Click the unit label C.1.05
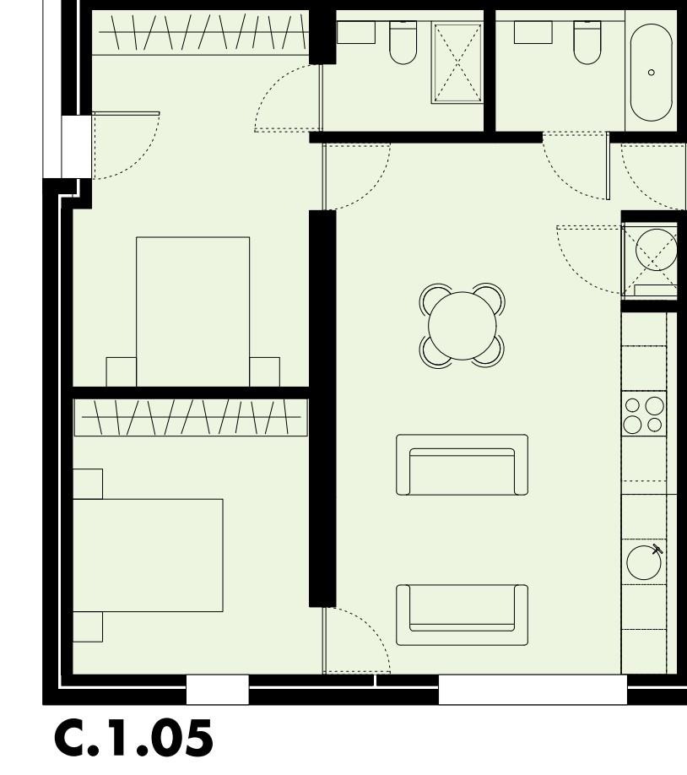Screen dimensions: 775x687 click(133, 739)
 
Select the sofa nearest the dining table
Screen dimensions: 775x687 click(462, 465)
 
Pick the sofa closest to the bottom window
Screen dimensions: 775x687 click(462, 615)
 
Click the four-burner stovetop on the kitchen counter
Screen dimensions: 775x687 click(644, 414)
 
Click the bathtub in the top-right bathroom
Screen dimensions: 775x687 click(651, 73)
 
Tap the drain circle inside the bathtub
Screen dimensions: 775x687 click(651, 73)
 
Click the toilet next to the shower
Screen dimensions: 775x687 click(403, 42)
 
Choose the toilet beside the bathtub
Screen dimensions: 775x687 click(587, 42)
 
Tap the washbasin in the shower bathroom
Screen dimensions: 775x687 click(356, 32)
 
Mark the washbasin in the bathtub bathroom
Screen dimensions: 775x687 click(533, 32)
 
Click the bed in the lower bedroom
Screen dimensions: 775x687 click(148, 555)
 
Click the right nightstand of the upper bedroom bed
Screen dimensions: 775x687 click(264, 371)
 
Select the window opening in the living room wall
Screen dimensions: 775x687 click(533, 690)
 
